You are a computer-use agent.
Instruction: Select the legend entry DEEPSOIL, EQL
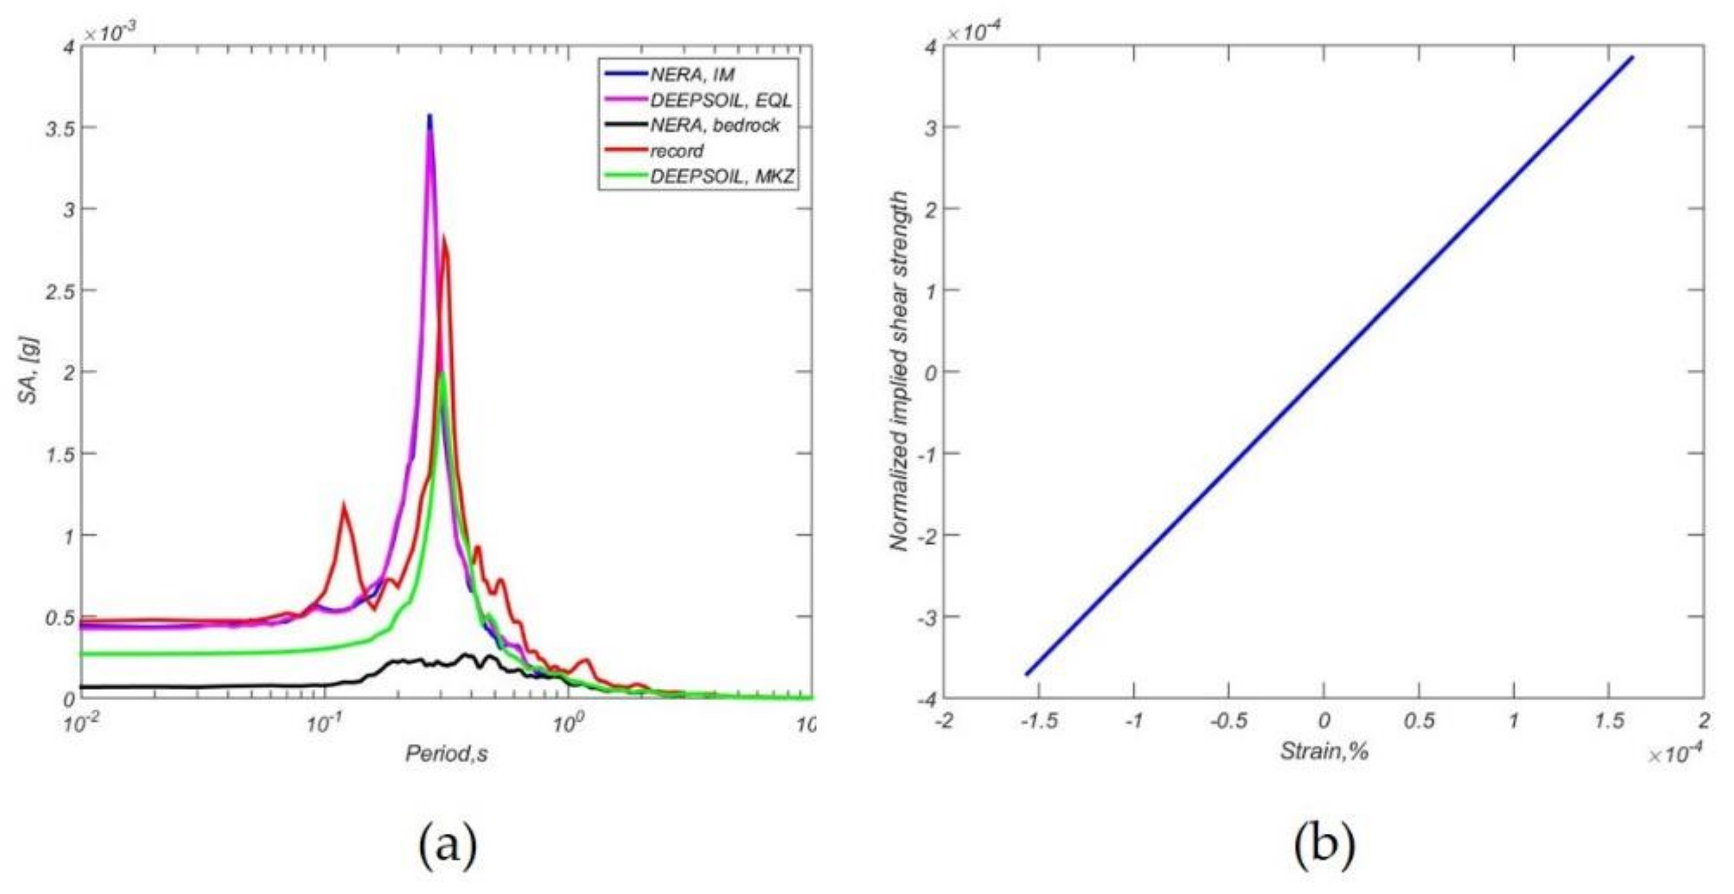point(720,100)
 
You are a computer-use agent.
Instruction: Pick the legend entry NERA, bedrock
point(714,125)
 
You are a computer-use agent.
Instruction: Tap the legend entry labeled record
point(676,151)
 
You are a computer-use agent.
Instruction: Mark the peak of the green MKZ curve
point(441,374)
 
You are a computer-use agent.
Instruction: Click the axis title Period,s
point(446,754)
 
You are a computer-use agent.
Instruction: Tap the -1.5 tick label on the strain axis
point(1038,721)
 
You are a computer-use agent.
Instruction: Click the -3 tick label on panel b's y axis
point(926,618)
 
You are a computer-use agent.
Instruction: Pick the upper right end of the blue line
point(1632,58)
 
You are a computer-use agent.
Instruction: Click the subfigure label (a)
point(447,845)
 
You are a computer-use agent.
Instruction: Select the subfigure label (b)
point(1323,845)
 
